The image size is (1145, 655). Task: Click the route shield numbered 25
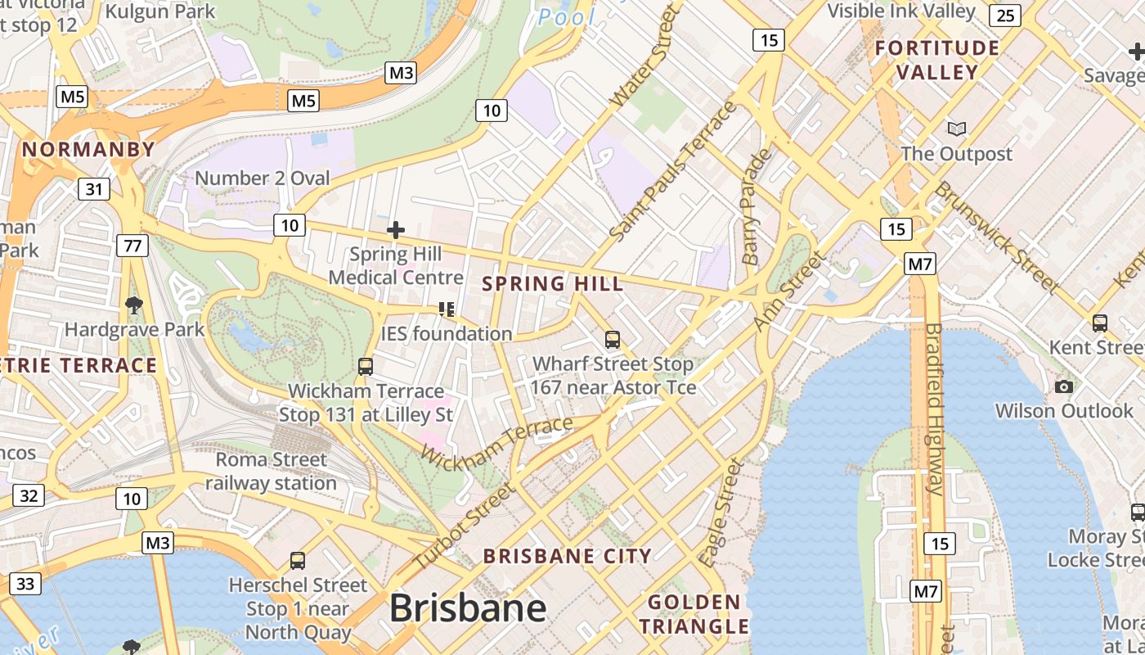(x=1005, y=15)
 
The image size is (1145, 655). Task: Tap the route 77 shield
(x=132, y=245)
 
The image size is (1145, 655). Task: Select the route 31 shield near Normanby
(x=94, y=189)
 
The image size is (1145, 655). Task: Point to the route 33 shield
(x=26, y=583)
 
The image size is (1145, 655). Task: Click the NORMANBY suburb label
(x=88, y=150)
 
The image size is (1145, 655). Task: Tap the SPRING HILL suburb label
(x=553, y=284)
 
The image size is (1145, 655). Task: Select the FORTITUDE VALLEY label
(x=937, y=61)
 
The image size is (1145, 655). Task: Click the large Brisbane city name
(x=468, y=608)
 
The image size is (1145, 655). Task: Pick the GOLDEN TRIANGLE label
(x=694, y=615)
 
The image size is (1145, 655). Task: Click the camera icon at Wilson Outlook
(x=1063, y=386)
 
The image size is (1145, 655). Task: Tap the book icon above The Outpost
(x=956, y=129)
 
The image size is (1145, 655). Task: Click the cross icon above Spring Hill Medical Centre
(x=396, y=230)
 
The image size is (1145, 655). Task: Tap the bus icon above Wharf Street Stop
(x=613, y=339)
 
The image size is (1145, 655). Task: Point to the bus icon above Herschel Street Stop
(x=298, y=561)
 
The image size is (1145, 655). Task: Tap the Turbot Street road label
(x=464, y=526)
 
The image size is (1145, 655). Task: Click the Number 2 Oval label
(x=263, y=178)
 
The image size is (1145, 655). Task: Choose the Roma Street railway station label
(x=271, y=472)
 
